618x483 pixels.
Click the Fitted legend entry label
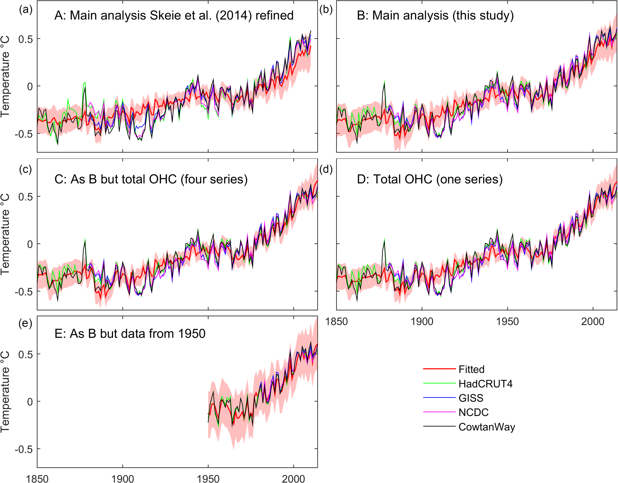471,369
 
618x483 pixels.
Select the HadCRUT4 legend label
485,384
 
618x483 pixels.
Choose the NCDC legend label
473,412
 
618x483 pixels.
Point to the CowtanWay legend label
487,427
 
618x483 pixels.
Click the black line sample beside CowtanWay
439,426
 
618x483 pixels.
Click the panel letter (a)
25,10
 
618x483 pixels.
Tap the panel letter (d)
326,170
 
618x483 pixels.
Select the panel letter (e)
25,324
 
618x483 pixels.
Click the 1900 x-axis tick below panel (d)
422,322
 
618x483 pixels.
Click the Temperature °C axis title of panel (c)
5,234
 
